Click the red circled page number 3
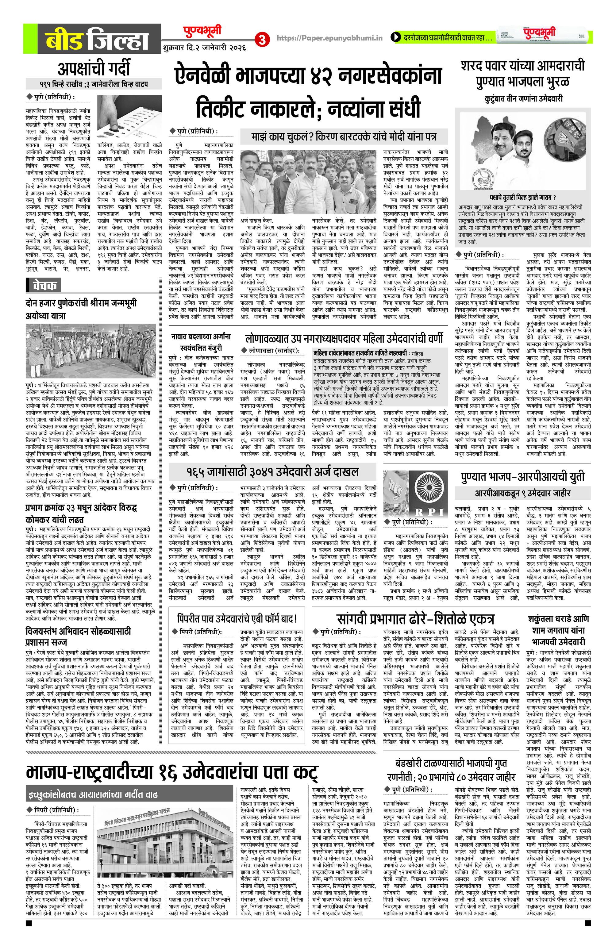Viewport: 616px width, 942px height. click(262, 39)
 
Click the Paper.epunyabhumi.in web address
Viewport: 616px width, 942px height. click(329, 38)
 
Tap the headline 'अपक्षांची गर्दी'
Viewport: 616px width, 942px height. click(94, 68)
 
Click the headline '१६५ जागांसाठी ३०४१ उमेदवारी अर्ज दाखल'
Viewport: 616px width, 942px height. click(272, 472)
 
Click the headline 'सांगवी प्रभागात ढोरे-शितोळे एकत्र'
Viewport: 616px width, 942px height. click(415, 619)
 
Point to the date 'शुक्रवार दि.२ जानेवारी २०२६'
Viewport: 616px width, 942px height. click(204, 48)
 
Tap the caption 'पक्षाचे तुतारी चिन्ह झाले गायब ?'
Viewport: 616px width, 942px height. click(522, 197)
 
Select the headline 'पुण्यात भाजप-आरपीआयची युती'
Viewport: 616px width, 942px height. click(522, 477)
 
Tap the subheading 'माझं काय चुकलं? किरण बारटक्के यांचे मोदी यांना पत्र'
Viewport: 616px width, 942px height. click(344, 137)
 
